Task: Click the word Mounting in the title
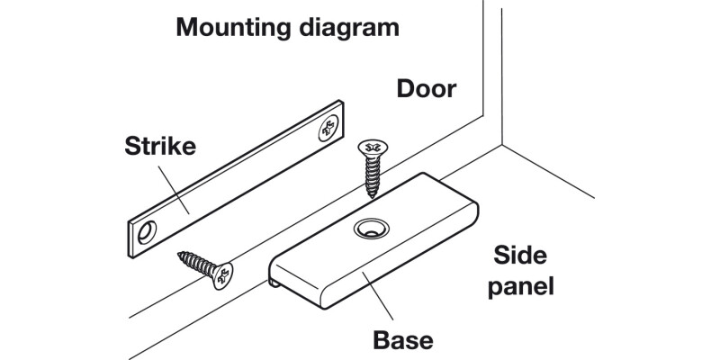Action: [228, 27]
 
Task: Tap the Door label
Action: [427, 90]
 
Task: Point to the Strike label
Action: [161, 147]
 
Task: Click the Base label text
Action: [404, 341]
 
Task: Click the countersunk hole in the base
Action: [368, 229]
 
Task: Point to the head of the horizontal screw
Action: [220, 274]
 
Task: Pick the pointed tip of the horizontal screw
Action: [178, 254]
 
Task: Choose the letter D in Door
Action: [407, 90]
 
